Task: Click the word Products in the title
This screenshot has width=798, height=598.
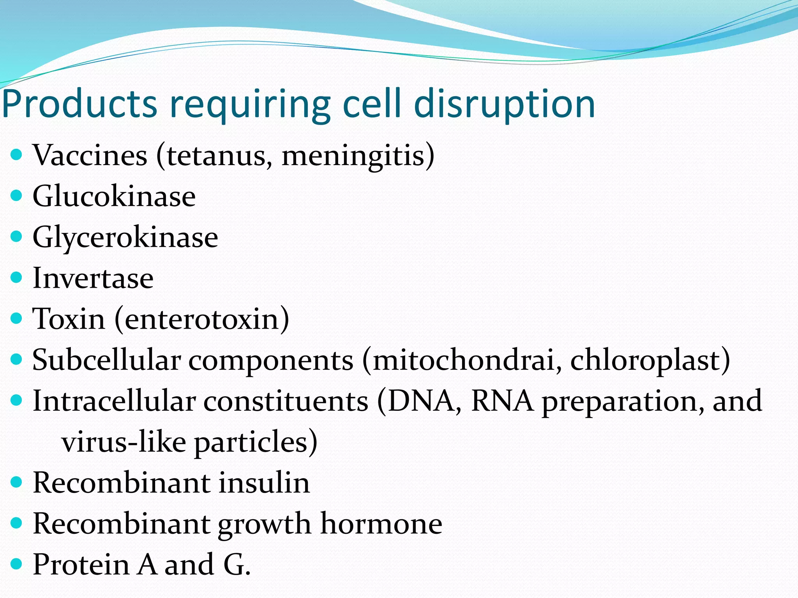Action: pyautogui.click(x=79, y=104)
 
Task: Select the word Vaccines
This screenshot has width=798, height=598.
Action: pyautogui.click(x=90, y=155)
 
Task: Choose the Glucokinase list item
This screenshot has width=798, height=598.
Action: pyautogui.click(x=114, y=196)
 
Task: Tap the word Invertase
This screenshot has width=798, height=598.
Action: pyautogui.click(x=93, y=278)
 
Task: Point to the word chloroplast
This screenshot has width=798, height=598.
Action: pyautogui.click(x=647, y=360)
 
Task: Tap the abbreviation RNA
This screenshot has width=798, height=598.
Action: pyautogui.click(x=502, y=401)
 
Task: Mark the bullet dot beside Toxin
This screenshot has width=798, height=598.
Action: pyautogui.click(x=16, y=318)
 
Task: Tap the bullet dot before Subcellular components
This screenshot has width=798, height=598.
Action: pyautogui.click(x=16, y=359)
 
